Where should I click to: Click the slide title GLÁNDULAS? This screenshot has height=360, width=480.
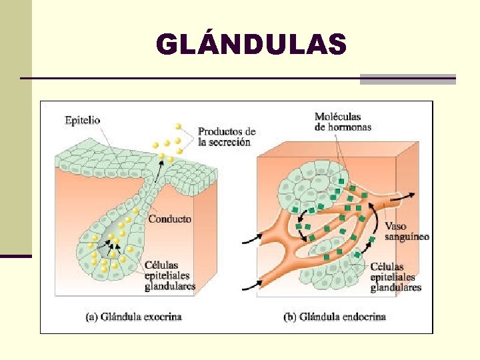click(x=251, y=45)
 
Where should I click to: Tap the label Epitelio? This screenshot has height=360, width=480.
click(x=83, y=121)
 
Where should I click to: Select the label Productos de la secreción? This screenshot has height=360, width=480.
click(x=227, y=136)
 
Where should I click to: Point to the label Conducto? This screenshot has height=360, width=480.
click(x=169, y=219)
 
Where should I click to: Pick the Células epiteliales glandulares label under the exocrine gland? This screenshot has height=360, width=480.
click(x=169, y=275)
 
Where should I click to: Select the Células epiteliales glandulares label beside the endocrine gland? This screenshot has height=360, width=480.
click(x=396, y=277)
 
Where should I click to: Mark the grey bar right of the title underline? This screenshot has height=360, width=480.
click(x=407, y=79)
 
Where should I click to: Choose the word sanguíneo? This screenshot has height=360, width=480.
click(x=407, y=237)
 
